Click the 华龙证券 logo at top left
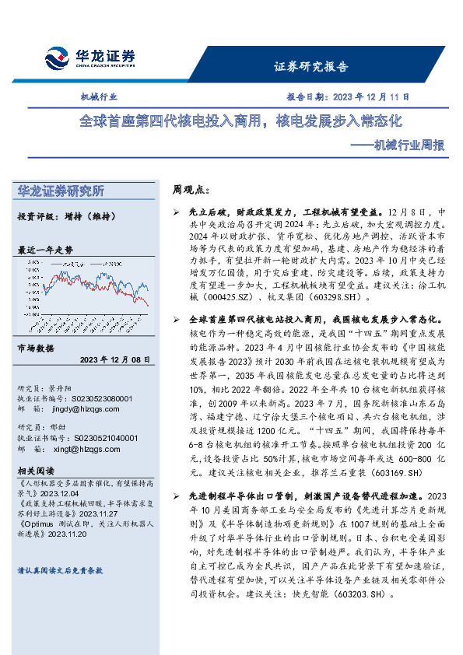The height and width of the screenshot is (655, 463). [90, 58]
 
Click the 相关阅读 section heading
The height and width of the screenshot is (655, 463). [36, 471]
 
